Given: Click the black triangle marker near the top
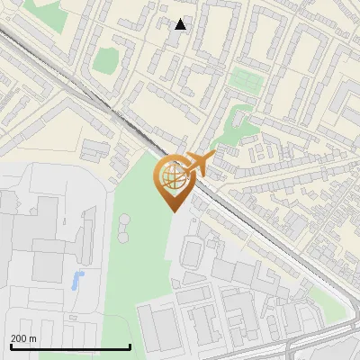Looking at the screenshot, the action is pos(181,24).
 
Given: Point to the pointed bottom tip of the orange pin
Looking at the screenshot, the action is pos(173,211).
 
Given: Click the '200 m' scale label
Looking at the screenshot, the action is pos(23,337).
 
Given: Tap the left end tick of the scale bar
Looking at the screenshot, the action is pos(11,345).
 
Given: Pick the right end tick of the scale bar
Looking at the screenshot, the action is pos(130,345).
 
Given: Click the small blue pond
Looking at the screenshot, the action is pos(77,278).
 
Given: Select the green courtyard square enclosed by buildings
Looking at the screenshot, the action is pos(105,59).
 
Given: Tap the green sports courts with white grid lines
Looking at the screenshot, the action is pos(244,79).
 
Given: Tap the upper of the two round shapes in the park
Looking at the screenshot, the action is pos(123,219).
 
